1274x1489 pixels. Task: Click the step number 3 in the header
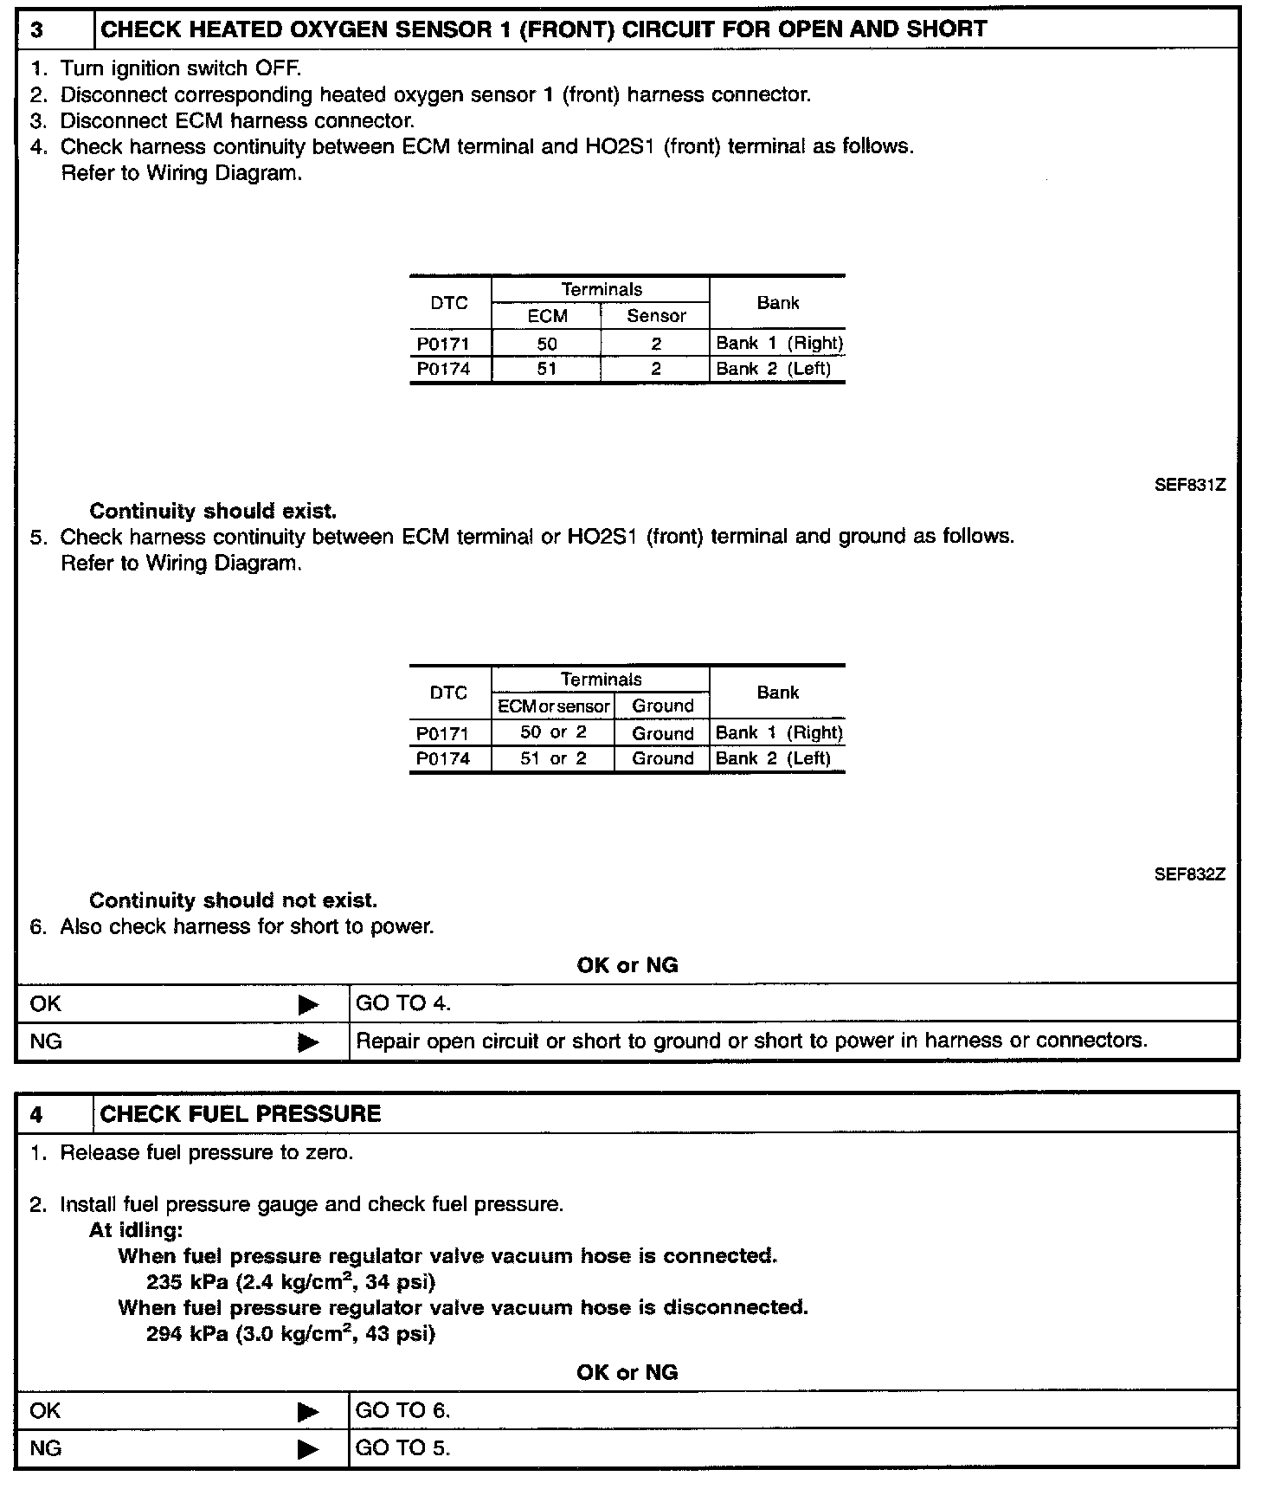tap(37, 29)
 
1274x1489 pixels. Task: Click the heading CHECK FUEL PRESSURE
tap(241, 1114)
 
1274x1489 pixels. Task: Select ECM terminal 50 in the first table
tap(547, 344)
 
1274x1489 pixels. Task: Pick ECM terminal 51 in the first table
tap(547, 369)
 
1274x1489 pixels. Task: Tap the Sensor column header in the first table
tap(656, 316)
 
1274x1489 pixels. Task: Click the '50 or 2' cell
tap(553, 732)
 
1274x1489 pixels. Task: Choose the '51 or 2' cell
tap(553, 758)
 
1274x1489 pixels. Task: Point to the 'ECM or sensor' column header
tap(553, 706)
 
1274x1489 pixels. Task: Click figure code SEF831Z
tap(1190, 485)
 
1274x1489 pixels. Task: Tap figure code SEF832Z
tap(1190, 874)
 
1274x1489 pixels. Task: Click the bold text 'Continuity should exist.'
tap(213, 511)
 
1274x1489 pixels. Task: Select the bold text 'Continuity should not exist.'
tap(233, 900)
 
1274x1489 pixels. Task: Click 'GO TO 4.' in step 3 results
tap(403, 1003)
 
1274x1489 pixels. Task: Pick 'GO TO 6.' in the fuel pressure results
tap(403, 1410)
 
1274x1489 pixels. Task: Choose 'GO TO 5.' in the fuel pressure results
tap(403, 1447)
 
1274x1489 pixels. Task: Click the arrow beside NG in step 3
tap(308, 1042)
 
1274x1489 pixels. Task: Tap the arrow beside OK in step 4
tap(308, 1412)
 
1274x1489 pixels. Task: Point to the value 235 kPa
tap(187, 1281)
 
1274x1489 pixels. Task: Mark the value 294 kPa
tap(187, 1333)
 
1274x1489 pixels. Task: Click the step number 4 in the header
tap(36, 1114)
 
